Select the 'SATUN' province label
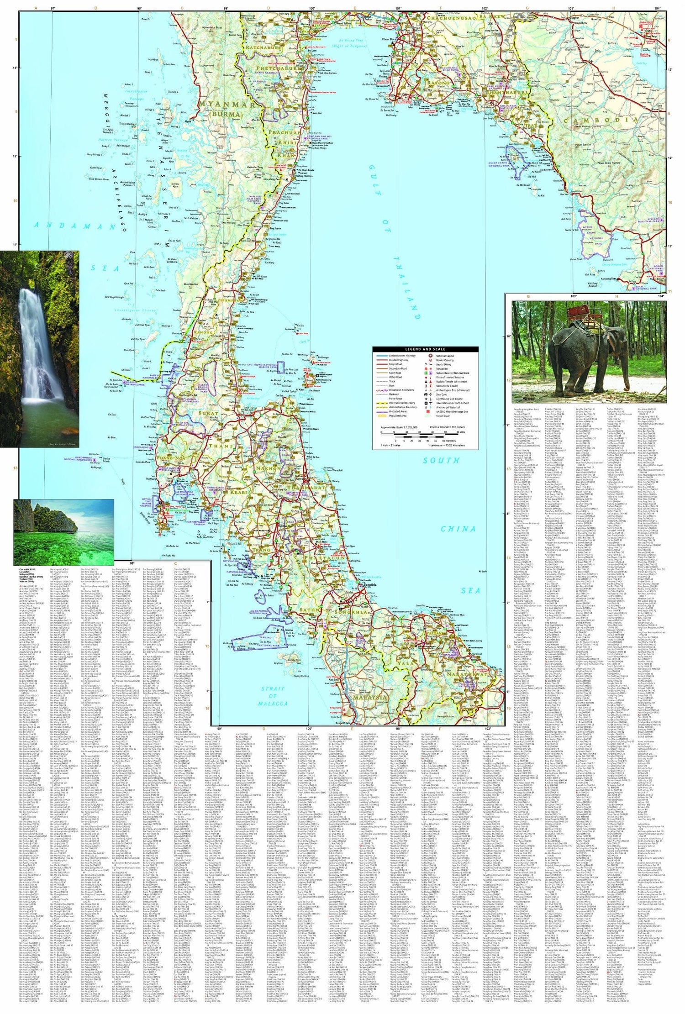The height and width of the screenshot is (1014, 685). (x=306, y=610)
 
